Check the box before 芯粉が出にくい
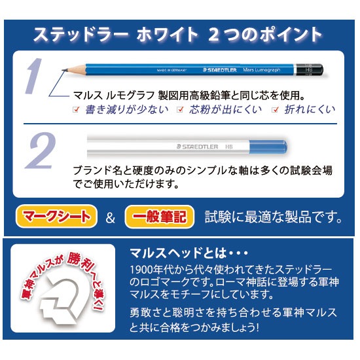(178, 109)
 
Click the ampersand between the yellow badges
(109, 216)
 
